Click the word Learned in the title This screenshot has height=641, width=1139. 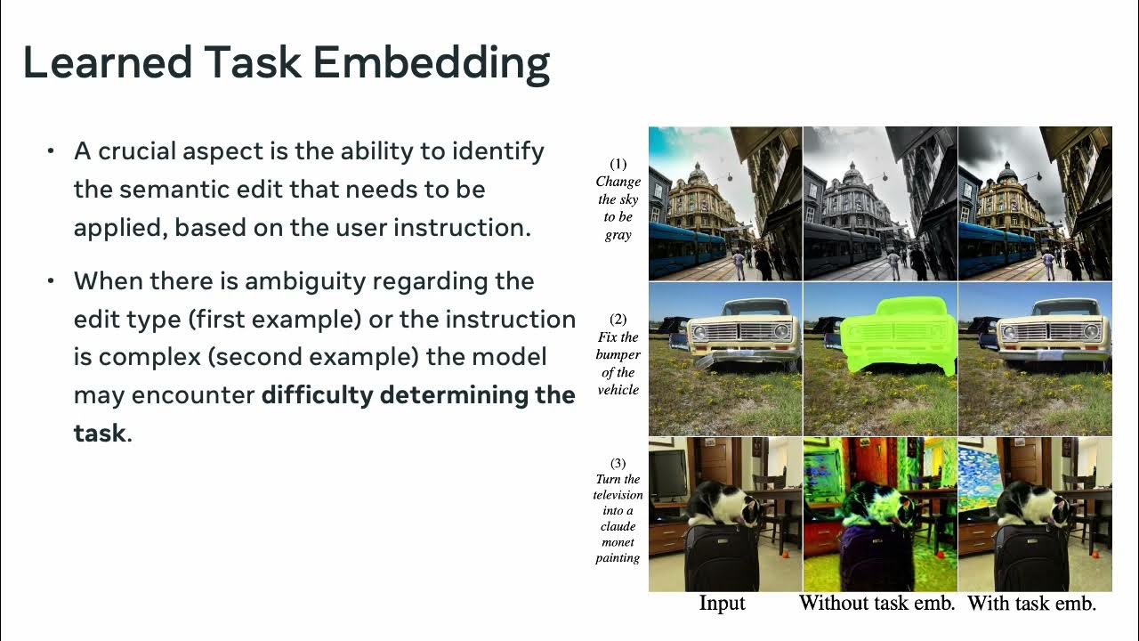(107, 63)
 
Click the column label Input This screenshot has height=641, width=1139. (722, 604)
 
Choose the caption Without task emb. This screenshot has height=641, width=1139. (877, 604)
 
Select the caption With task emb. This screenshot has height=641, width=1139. (1032, 604)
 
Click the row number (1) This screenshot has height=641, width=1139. (618, 164)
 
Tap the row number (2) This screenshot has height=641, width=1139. (618, 319)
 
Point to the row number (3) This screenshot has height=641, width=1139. (618, 463)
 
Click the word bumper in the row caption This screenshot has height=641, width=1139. (618, 355)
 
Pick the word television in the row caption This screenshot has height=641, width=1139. (618, 495)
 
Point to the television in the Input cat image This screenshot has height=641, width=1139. (667, 472)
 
